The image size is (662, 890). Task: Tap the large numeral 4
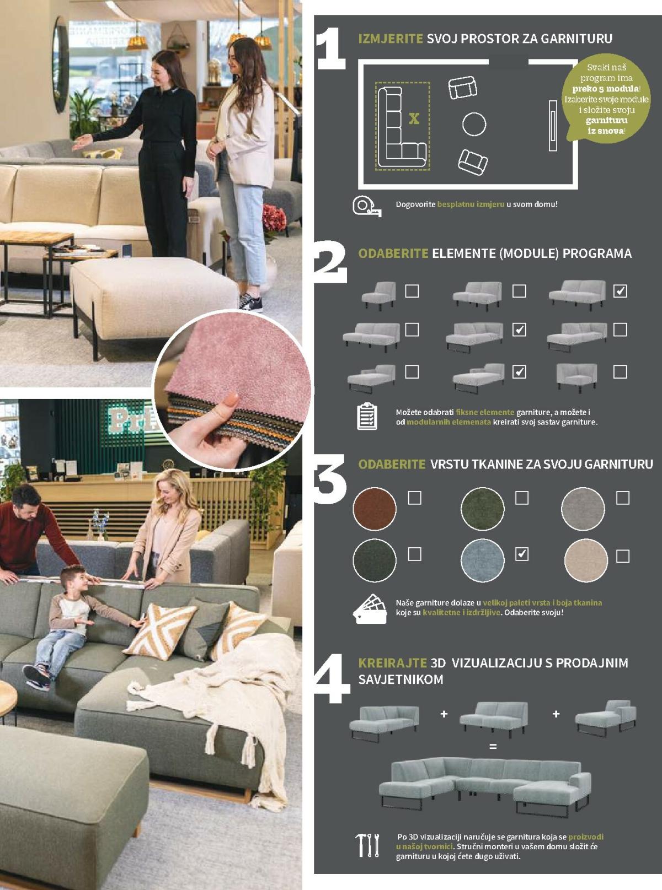tap(332, 679)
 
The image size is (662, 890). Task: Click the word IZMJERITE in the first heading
tap(390, 39)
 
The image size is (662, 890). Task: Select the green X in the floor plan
tap(414, 118)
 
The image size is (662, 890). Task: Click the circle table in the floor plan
tap(474, 124)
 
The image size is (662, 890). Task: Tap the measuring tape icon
tap(367, 206)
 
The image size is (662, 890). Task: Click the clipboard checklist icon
tap(367, 417)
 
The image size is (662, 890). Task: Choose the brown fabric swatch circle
tap(375, 509)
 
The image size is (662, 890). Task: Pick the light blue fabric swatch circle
tap(482, 560)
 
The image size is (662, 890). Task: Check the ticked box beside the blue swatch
tap(521, 554)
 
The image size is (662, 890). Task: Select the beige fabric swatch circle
tap(586, 560)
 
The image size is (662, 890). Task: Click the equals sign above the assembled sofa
tap(493, 747)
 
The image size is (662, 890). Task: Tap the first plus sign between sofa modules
tap(444, 714)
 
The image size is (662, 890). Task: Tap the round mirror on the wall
tap(61, 64)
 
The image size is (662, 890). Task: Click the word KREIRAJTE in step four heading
tap(392, 662)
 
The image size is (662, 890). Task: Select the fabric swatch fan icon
tap(370, 609)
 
